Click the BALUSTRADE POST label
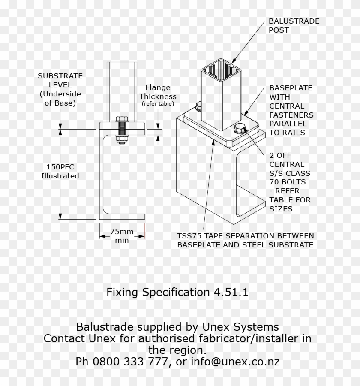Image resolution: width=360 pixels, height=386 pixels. [294, 26]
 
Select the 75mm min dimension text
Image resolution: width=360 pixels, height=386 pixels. [122, 236]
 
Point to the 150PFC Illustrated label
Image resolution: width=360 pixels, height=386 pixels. [60, 171]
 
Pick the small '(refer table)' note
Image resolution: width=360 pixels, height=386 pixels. [158, 104]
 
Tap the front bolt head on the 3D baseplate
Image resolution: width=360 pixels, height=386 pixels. [238, 128]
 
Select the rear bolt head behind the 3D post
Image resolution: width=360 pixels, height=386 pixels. [199, 106]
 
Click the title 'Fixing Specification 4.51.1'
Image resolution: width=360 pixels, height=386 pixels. [177, 293]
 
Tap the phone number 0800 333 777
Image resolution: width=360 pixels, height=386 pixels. [121, 362]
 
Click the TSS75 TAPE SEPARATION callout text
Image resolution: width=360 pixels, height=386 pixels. [245, 241]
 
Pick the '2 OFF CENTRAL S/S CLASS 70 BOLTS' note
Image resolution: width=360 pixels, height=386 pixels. [290, 182]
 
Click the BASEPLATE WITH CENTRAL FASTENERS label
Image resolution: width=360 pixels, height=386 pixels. [291, 110]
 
